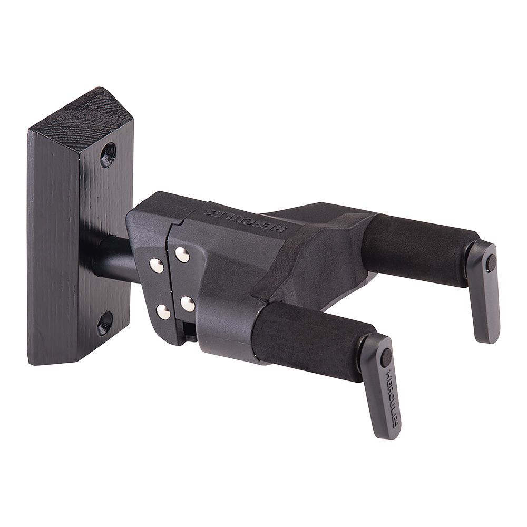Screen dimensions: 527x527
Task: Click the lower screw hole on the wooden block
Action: tap(105, 323)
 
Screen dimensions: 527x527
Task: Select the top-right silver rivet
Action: tap(182, 255)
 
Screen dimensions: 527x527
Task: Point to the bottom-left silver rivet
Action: tap(163, 312)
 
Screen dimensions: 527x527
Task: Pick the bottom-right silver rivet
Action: tap(188, 304)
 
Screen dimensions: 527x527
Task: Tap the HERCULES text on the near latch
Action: tap(393, 395)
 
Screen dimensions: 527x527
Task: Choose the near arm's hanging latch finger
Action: tap(385, 390)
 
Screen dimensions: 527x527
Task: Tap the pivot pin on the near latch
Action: tap(386, 358)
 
